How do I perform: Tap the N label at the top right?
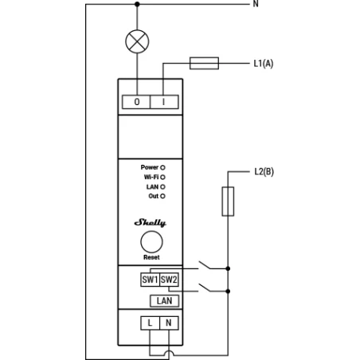256,4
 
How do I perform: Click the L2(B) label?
264,170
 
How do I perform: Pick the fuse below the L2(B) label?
228,202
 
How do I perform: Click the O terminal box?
136,102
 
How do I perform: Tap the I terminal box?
163,102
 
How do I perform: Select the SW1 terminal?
150,280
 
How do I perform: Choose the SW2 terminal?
168,280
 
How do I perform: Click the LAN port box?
163,300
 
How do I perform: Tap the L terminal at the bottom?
150,323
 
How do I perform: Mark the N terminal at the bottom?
168,323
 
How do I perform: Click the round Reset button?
151,243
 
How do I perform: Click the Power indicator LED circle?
163,168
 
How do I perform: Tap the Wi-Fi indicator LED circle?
163,177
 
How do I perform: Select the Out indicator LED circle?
163,195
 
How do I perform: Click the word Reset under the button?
151,258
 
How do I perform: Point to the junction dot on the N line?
137,4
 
